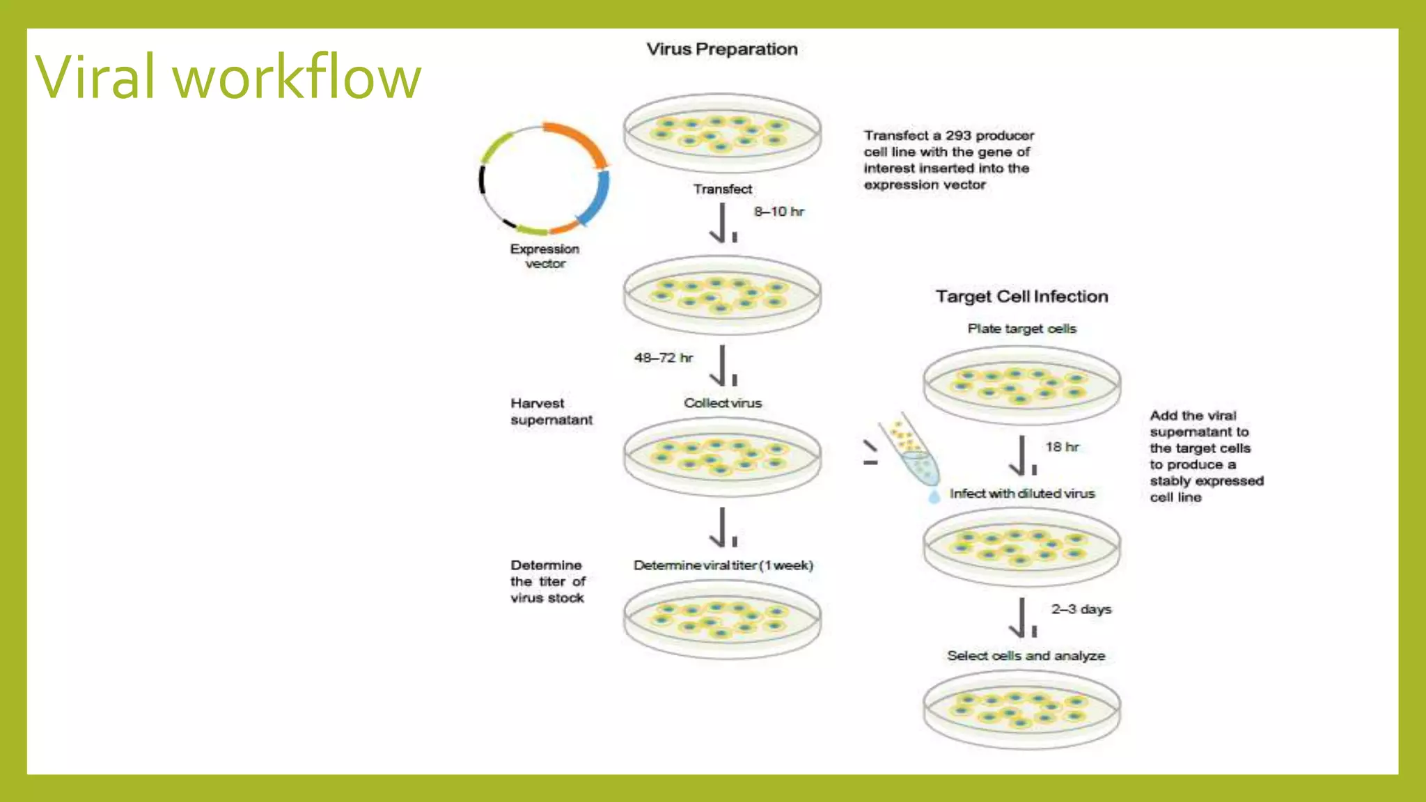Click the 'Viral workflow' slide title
pos(228,77)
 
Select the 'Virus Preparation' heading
pos(722,49)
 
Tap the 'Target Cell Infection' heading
pos(1021,297)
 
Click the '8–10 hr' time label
pos(778,212)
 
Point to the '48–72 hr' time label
pos(663,358)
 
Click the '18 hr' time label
pos(1062,447)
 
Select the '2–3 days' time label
pos(1081,609)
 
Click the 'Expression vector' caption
pos(544,256)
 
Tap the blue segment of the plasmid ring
pos(596,198)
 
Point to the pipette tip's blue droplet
pos(934,496)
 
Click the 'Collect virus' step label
pos(722,403)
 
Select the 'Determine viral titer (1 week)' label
pos(723,565)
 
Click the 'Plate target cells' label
pos(1021,329)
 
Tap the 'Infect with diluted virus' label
pos(1021,494)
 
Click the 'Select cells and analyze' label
pos(1026,656)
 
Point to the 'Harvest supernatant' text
pos(551,411)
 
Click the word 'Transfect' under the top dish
pos(722,189)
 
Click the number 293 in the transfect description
pos(957,136)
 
